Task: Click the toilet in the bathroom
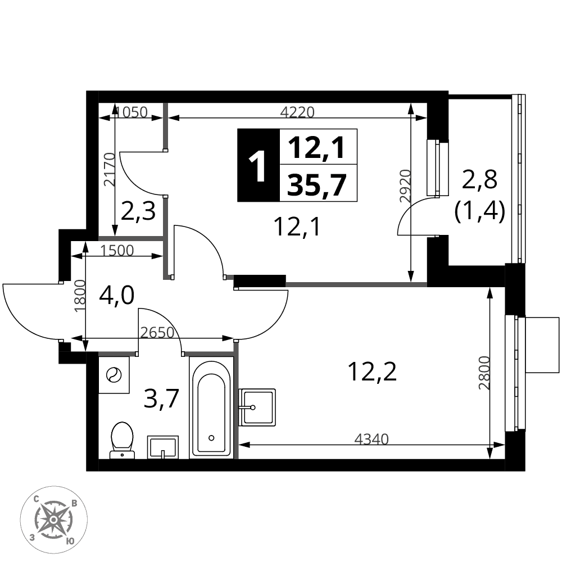(122, 440)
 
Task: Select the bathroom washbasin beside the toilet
(163, 447)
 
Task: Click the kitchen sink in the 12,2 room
(257, 407)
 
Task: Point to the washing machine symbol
(114, 375)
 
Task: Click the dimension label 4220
(297, 112)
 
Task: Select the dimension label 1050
(132, 112)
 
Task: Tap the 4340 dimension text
(371, 439)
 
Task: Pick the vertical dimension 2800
(484, 373)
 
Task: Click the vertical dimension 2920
(405, 187)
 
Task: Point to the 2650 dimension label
(157, 333)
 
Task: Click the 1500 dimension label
(117, 251)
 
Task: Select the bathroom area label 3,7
(161, 399)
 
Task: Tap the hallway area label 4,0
(117, 296)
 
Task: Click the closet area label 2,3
(138, 211)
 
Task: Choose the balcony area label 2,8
(479, 179)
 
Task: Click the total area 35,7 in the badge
(317, 184)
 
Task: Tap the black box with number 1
(259, 165)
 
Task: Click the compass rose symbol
(53, 519)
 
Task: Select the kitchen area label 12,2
(373, 371)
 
